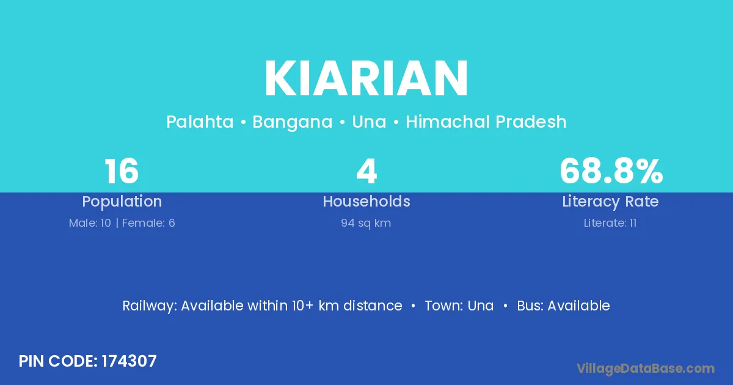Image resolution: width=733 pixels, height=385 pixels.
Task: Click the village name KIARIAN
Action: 366,78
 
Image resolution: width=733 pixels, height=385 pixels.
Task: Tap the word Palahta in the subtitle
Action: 200,122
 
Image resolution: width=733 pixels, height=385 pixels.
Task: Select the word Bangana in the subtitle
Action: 292,122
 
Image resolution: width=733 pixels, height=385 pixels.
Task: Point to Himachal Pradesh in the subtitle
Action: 486,122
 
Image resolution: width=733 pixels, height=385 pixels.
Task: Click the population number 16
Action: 122,171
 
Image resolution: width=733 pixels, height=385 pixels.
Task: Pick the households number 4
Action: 366,171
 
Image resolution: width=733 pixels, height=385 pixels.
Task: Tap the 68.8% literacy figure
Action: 611,171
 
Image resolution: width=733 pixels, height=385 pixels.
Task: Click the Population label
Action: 122,202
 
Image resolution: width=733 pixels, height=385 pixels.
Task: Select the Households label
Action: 366,201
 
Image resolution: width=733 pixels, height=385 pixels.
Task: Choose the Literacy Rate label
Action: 610,202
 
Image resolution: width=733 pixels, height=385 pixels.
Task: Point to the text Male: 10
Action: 90,223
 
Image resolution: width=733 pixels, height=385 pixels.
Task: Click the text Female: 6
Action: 148,223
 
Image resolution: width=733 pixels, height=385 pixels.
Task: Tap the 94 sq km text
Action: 366,223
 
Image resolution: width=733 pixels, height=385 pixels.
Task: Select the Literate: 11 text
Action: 610,223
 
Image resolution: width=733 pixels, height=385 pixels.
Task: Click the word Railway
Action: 150,306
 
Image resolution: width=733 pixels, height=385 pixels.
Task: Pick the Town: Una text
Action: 459,306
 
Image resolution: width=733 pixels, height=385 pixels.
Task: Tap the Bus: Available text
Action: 563,306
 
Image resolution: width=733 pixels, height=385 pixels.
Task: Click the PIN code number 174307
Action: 129,361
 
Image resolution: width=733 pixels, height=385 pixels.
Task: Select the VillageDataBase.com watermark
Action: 646,369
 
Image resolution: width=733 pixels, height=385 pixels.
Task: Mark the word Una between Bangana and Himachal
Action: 369,122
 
